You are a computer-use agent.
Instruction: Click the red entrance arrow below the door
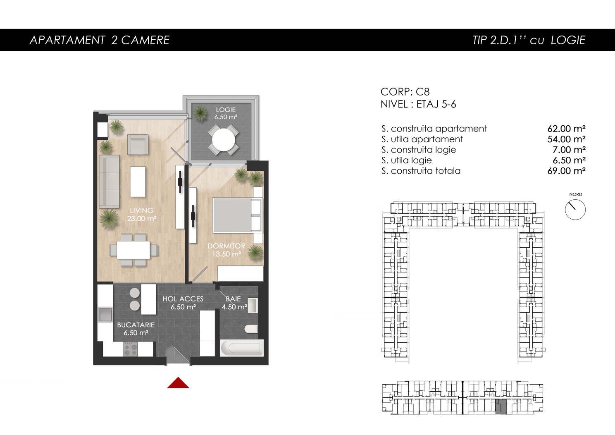tap(178, 383)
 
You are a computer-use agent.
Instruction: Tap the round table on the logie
tap(224, 140)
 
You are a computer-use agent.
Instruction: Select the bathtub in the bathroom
tap(242, 348)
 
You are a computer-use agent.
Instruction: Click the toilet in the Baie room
tap(251, 329)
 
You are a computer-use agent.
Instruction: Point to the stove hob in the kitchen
tap(131, 349)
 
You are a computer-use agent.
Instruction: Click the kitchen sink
tap(105, 314)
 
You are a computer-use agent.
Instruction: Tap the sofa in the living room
tap(109, 182)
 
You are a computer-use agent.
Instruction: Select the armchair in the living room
tap(138, 144)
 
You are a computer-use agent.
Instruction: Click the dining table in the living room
tap(133, 250)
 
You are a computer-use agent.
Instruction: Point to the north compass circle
tap(575, 210)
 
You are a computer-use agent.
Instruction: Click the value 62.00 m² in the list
tap(566, 129)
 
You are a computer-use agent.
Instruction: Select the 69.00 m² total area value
tap(566, 171)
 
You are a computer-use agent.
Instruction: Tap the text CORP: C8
tap(405, 92)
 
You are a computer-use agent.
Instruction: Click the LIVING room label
tap(142, 210)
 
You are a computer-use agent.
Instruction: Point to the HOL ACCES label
tap(183, 299)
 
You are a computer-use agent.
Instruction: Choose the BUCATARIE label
tap(136, 325)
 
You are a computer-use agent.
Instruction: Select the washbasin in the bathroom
tap(253, 306)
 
